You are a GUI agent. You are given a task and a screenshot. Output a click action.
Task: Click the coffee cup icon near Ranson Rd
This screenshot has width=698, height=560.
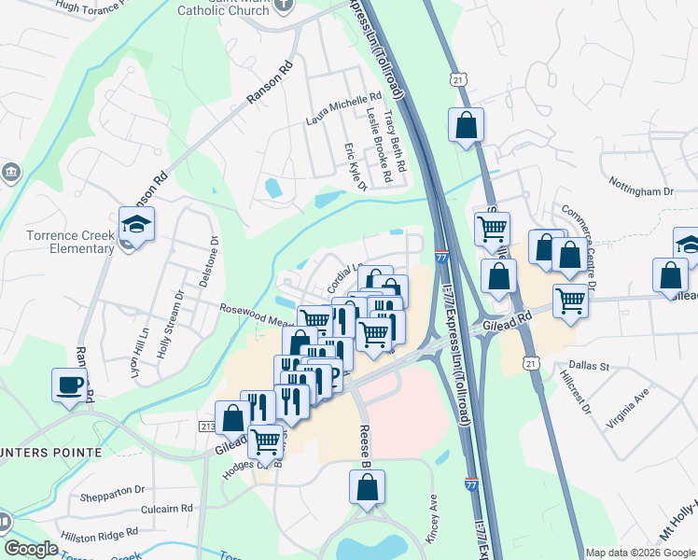[x=71, y=385]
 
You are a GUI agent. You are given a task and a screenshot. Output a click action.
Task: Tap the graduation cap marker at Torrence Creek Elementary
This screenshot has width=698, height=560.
[x=137, y=225]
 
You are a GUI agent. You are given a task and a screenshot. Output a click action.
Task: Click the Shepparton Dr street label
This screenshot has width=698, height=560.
[x=113, y=489]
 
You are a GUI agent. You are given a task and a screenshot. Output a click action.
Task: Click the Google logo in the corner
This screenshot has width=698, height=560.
[x=31, y=549]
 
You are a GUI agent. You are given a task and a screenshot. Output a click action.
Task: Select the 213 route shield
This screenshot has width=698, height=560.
[x=206, y=427]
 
